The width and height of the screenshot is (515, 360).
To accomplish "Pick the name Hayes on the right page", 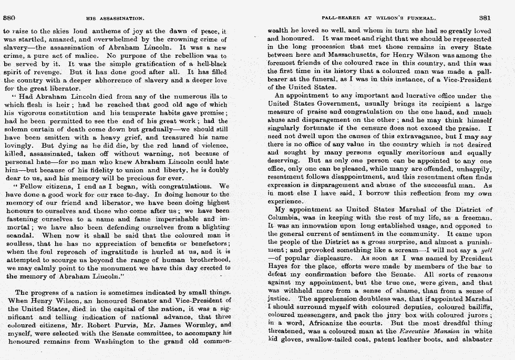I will tap(279, 267).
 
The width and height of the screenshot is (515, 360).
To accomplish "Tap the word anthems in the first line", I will tap(94, 32).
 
